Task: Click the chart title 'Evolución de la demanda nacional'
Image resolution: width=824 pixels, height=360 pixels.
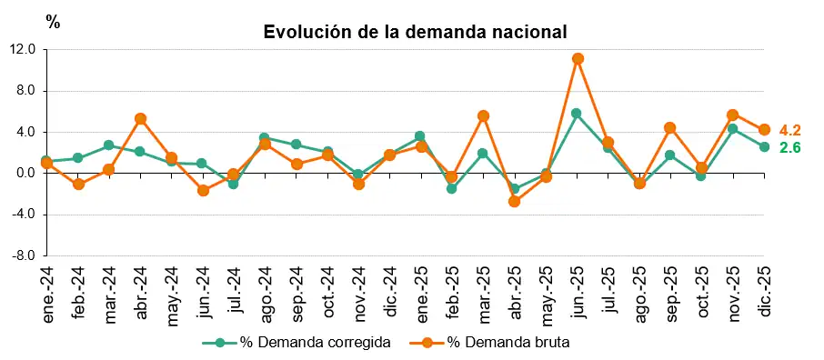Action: tap(415, 32)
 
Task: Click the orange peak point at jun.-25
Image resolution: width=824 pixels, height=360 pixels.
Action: tap(578, 59)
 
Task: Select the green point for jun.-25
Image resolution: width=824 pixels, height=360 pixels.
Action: tap(577, 114)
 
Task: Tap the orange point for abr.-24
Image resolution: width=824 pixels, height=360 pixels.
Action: tap(140, 119)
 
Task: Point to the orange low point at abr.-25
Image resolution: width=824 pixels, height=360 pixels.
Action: tap(514, 201)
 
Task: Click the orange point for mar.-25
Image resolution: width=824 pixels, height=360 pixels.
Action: tap(483, 116)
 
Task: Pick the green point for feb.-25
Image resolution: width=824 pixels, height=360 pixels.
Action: tap(451, 188)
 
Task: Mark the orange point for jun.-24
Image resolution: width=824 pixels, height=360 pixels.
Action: tap(203, 191)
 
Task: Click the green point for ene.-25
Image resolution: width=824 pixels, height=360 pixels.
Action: tap(419, 136)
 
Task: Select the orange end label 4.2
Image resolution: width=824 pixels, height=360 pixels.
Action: tap(789, 130)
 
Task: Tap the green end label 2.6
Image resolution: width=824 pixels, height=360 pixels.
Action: tap(789, 147)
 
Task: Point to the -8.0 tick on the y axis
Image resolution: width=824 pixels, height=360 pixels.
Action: tap(24, 255)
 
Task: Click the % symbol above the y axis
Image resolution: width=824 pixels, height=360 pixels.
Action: tap(53, 23)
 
